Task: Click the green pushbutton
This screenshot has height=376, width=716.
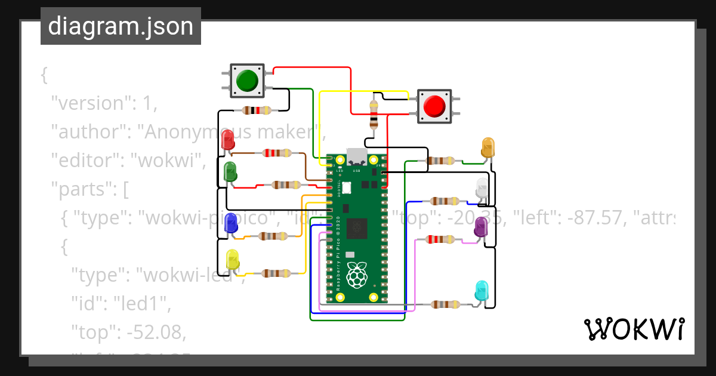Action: [x=247, y=81]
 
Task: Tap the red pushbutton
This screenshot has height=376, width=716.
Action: [x=434, y=106]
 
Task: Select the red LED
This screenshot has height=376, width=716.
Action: [x=228, y=141]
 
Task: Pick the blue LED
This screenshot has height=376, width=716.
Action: [x=230, y=224]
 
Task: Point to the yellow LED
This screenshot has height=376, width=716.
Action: [x=232, y=260]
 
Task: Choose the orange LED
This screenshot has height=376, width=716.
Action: [x=488, y=147]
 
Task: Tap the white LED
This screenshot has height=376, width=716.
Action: [x=482, y=189]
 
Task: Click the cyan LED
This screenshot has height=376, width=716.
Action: [x=481, y=291]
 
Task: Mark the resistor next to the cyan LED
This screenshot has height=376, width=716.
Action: [x=445, y=304]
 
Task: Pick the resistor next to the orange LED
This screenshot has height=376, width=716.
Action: [x=442, y=161]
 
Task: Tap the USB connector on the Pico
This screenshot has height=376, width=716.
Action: [x=357, y=157]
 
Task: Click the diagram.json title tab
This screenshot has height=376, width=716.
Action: [x=121, y=26]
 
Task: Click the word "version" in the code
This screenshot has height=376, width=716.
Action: [x=89, y=103]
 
